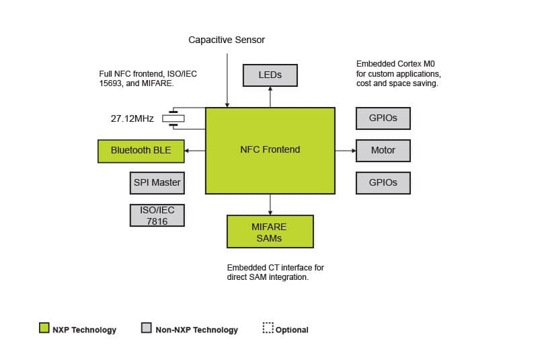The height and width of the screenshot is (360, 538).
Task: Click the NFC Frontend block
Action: click(270, 150)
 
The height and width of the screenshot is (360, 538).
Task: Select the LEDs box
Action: click(270, 75)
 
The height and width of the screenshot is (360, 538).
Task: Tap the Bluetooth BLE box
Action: click(141, 151)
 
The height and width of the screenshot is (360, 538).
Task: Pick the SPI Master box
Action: click(157, 182)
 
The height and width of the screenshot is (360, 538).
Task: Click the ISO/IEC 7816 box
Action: click(157, 215)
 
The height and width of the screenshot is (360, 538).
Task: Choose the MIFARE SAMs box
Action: click(270, 232)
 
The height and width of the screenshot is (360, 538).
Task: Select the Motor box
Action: click(383, 151)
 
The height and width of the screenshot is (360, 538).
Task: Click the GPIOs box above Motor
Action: click(383, 118)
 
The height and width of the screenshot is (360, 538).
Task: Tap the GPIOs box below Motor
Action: click(383, 182)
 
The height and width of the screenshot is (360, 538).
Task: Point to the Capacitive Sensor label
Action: click(227, 40)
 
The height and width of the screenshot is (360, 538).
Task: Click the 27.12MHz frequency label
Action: click(132, 118)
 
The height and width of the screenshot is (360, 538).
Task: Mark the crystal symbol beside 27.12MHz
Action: click(174, 118)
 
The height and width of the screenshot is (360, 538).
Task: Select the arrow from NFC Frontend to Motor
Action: click(345, 151)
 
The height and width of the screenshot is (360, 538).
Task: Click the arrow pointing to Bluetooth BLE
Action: click(194, 151)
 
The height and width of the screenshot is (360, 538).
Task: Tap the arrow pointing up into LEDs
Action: click(270, 97)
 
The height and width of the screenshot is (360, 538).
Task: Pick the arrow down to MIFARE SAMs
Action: click(270, 205)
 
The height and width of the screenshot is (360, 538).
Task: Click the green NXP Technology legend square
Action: click(44, 328)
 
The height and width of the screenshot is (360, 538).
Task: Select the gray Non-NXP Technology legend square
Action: click(146, 328)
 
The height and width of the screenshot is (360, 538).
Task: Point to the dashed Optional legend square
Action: click(268, 328)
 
